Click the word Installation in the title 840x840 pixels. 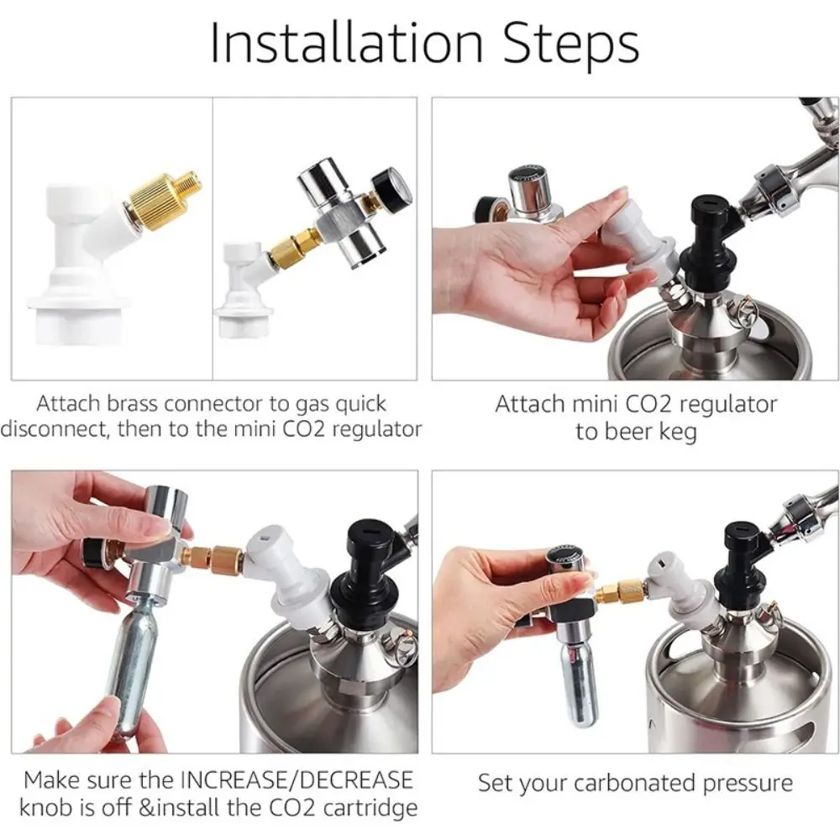[x=347, y=43]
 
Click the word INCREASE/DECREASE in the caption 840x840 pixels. [x=297, y=780]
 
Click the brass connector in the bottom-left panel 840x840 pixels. [x=213, y=559]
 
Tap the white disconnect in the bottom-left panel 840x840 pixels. [x=286, y=578]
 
